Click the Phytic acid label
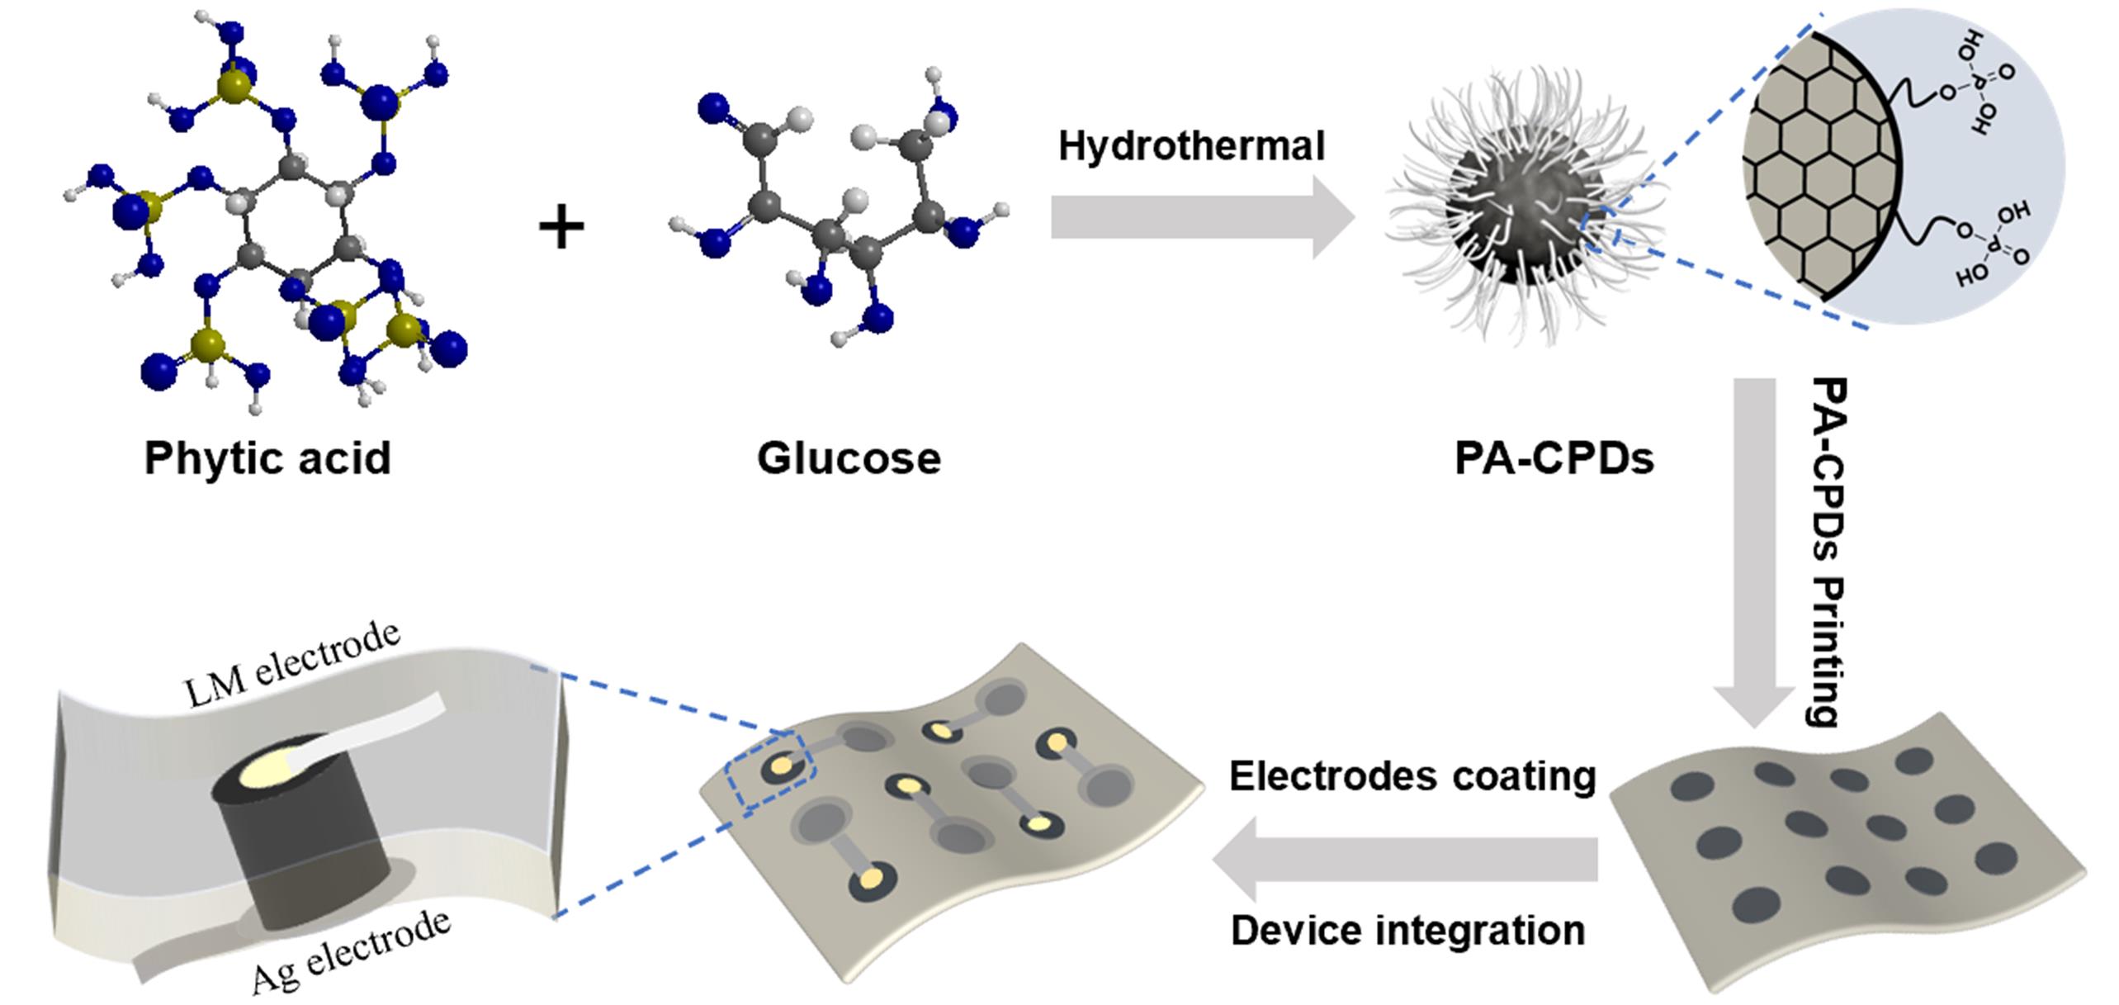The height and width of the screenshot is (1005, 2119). pos(267,458)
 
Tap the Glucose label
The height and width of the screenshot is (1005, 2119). pos(849,458)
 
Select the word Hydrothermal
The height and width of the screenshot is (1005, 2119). pos(1191,146)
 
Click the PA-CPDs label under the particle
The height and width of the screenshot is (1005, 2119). pos(1554,458)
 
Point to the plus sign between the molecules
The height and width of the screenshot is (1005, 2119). pos(561,226)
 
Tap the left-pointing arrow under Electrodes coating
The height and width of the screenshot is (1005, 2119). pos(1403,859)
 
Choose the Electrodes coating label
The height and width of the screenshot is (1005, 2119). pos(1412,776)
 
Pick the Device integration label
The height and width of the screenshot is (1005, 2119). pos(1407,930)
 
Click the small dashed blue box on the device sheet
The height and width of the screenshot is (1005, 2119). pos(769,769)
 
